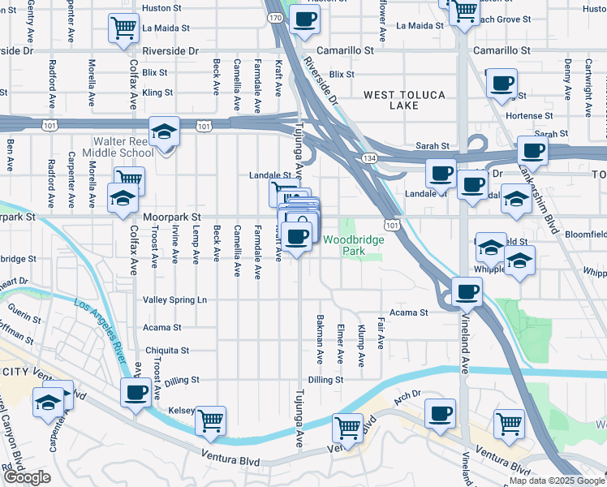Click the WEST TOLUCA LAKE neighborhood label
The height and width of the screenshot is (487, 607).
point(404,100)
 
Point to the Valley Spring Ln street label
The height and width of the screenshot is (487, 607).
point(174,300)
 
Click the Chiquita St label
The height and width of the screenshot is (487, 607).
point(166,351)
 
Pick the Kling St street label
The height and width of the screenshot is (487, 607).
point(157,93)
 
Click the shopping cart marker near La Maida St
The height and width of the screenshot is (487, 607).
point(123,28)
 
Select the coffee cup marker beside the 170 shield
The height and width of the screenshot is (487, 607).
point(304,19)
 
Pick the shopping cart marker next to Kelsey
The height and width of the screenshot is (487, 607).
point(211,420)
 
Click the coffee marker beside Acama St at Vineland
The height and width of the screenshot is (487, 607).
point(466,292)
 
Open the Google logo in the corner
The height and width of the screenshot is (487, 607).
point(27,477)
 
